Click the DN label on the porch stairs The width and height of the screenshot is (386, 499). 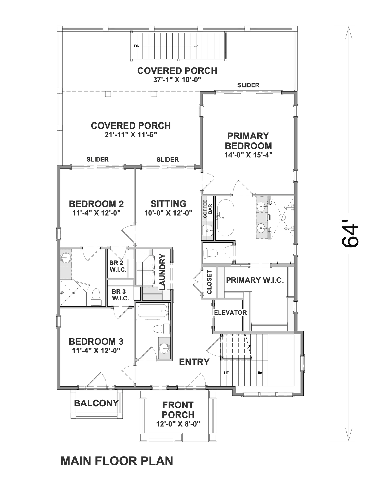tap(137, 46)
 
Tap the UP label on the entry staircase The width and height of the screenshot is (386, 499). tap(227, 373)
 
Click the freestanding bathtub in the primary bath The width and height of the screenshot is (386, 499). tap(225, 217)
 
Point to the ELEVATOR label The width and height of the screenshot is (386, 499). tap(230, 312)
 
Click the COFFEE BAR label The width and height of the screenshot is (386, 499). tap(208, 209)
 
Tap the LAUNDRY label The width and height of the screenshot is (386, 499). tap(162, 272)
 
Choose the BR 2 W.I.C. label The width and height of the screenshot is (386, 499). tap(118, 266)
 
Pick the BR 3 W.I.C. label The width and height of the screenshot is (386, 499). tap(120, 295)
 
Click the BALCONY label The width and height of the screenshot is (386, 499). tap(96, 403)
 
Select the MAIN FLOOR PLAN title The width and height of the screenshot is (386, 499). tap(117, 461)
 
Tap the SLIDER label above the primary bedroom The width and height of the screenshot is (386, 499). tap(248, 85)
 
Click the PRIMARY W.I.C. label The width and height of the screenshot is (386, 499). tap(255, 280)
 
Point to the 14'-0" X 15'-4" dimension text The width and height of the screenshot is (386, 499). tap(248, 155)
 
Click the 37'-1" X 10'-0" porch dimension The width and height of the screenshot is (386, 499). tap(177, 80)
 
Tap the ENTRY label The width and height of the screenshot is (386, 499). tap(194, 362)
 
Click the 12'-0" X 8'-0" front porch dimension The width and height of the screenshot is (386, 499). tap(178, 424)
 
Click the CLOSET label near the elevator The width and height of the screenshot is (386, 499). tap(209, 282)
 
